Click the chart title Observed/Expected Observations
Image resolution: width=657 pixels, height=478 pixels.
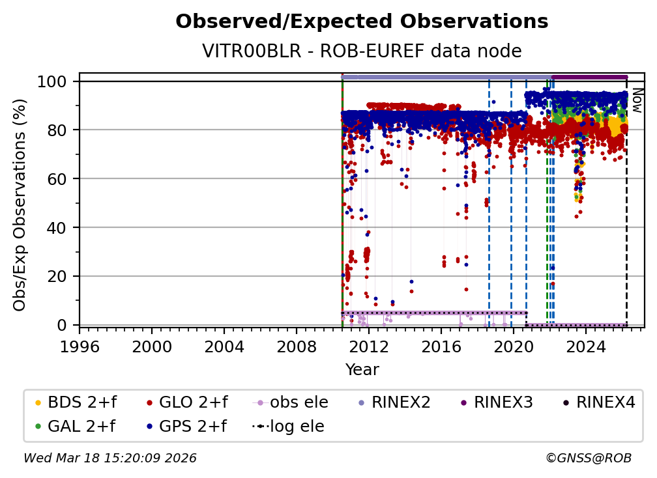click(x=362, y=21)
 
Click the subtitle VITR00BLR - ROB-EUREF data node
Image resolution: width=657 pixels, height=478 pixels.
click(x=362, y=51)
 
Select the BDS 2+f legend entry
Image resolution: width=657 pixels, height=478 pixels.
click(x=72, y=402)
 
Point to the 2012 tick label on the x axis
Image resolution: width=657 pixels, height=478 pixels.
click(x=369, y=345)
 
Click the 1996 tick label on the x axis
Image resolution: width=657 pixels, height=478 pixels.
click(x=80, y=345)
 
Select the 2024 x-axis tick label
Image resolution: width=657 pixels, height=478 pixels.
click(x=586, y=345)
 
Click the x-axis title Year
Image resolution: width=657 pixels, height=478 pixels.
click(x=362, y=370)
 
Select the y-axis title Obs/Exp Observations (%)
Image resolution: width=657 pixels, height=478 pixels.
click(x=20, y=204)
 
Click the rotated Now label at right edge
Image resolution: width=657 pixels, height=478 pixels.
click(x=637, y=101)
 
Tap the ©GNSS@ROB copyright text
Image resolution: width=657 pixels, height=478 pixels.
click(x=588, y=458)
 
